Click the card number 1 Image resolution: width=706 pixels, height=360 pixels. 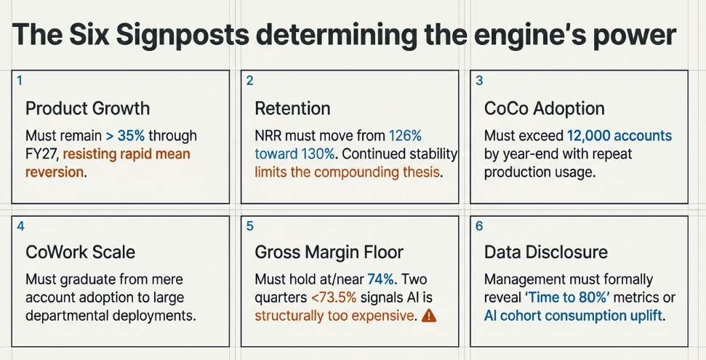20,81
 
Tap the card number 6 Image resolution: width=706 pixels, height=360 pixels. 479,225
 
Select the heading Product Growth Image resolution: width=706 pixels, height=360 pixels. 87,108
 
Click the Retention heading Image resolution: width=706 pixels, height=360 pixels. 293,108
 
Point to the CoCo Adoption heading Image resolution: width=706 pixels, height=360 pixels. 545,108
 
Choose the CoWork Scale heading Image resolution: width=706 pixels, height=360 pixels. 80,252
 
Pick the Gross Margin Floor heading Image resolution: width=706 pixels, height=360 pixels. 329,252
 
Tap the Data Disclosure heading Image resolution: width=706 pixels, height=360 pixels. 546,252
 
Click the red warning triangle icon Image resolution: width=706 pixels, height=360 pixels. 429,316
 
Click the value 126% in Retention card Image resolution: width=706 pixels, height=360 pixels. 405,135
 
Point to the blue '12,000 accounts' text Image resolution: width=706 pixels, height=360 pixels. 619,135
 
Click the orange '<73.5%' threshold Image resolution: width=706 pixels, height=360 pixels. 334,297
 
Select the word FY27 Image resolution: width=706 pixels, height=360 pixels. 42,153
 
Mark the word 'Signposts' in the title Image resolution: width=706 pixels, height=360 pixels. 182,35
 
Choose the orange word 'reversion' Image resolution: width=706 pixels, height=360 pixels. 55,172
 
